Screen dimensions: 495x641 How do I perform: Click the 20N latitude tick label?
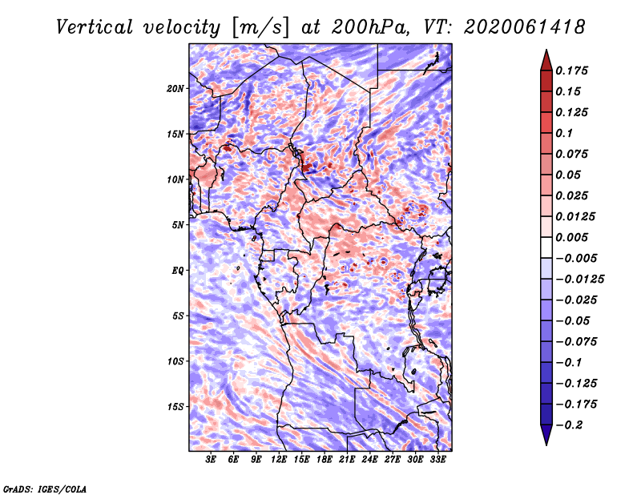coord(175,88)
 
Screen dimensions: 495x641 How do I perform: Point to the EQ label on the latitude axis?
coord(178,271)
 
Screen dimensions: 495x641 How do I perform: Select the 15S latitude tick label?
coord(175,407)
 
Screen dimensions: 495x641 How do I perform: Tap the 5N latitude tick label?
coord(178,225)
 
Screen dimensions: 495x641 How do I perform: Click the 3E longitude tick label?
coord(212,460)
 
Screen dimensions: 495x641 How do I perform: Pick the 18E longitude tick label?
coord(325,460)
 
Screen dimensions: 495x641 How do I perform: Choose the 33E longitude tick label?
coord(437,460)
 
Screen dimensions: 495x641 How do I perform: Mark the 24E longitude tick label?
coord(369,460)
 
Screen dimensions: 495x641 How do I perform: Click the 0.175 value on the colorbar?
coord(574,70)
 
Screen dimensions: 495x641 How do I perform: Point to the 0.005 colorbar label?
coord(574,237)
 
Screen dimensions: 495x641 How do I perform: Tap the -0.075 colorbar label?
coord(576,341)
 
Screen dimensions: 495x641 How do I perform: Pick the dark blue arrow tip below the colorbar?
coord(546,439)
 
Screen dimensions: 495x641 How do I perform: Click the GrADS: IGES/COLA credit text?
coord(44,488)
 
